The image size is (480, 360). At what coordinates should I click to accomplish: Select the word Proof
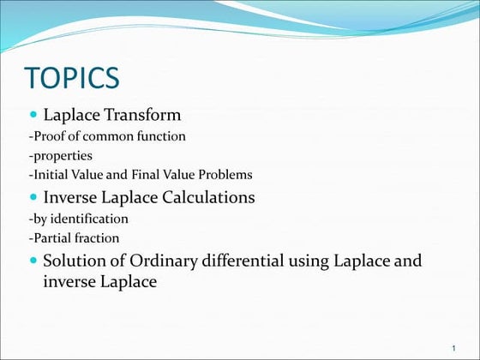pos(49,135)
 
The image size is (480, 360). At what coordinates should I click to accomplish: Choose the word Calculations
pos(203,197)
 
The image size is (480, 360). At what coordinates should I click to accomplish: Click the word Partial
pos(54,237)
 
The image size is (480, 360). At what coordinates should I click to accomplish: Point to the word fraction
pos(98,237)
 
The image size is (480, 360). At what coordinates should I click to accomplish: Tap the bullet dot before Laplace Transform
pos(33,114)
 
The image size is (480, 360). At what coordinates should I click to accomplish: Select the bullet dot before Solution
pos(33,260)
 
